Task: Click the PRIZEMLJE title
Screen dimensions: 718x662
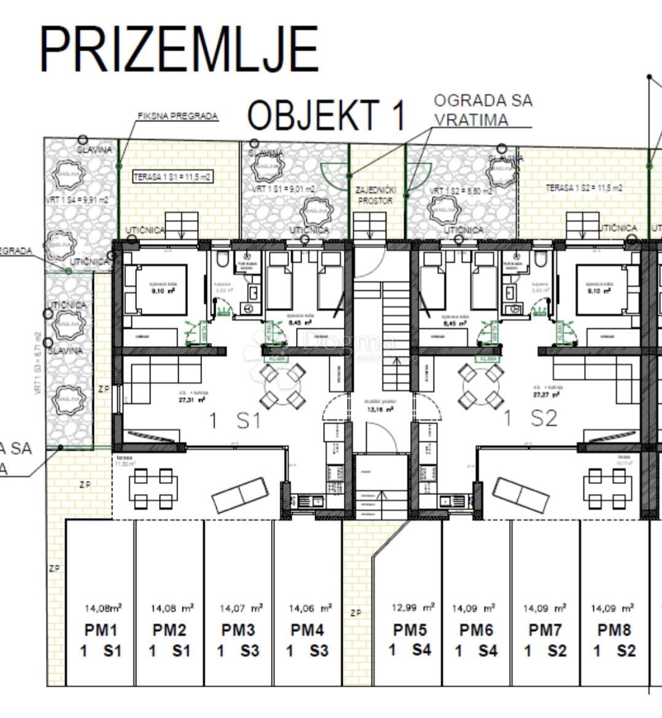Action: tap(179, 50)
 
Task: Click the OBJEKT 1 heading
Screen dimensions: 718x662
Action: tap(327, 115)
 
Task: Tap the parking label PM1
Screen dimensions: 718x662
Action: tap(100, 630)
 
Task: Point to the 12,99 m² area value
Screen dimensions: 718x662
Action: tap(413, 607)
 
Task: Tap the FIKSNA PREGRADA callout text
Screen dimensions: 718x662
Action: tap(177, 116)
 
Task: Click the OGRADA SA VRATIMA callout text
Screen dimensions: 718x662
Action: tap(483, 109)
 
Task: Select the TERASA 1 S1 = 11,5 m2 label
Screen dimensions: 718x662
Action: tap(173, 177)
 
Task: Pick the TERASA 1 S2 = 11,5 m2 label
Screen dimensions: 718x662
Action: tap(584, 188)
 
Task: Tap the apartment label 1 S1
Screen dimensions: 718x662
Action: tap(235, 421)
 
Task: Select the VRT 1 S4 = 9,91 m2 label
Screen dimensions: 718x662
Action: tap(77, 200)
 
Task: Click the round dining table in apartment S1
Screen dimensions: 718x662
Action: tap(282, 386)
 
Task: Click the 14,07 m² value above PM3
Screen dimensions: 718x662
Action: tap(241, 609)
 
